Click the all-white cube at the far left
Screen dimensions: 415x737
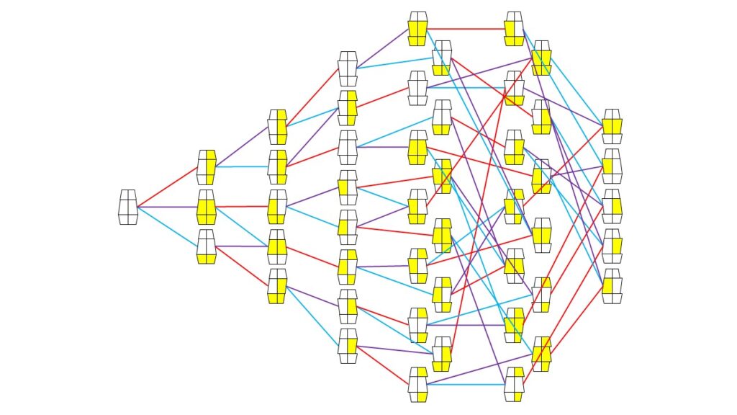click(x=128, y=207)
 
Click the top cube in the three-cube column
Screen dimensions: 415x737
click(x=207, y=167)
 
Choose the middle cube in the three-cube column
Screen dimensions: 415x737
click(x=207, y=207)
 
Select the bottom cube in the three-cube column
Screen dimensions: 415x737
click(x=207, y=246)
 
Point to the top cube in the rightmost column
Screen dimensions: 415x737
click(x=612, y=127)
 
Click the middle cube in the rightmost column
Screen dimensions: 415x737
click(x=612, y=206)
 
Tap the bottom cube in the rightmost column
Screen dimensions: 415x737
click(x=612, y=285)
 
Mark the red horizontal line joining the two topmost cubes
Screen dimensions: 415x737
click(x=465, y=29)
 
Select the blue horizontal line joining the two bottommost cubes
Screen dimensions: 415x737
click(x=465, y=385)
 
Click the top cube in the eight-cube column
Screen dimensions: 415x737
click(x=348, y=68)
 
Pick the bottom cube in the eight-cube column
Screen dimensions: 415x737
click(x=348, y=346)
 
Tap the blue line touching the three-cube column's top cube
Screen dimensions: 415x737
click(x=241, y=166)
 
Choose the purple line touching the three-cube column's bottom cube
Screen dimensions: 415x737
click(x=241, y=246)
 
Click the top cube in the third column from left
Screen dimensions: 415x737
click(x=277, y=127)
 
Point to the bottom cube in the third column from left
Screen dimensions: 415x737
click(x=277, y=286)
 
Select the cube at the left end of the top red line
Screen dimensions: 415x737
click(x=417, y=29)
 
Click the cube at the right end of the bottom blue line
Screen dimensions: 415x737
click(x=514, y=385)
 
